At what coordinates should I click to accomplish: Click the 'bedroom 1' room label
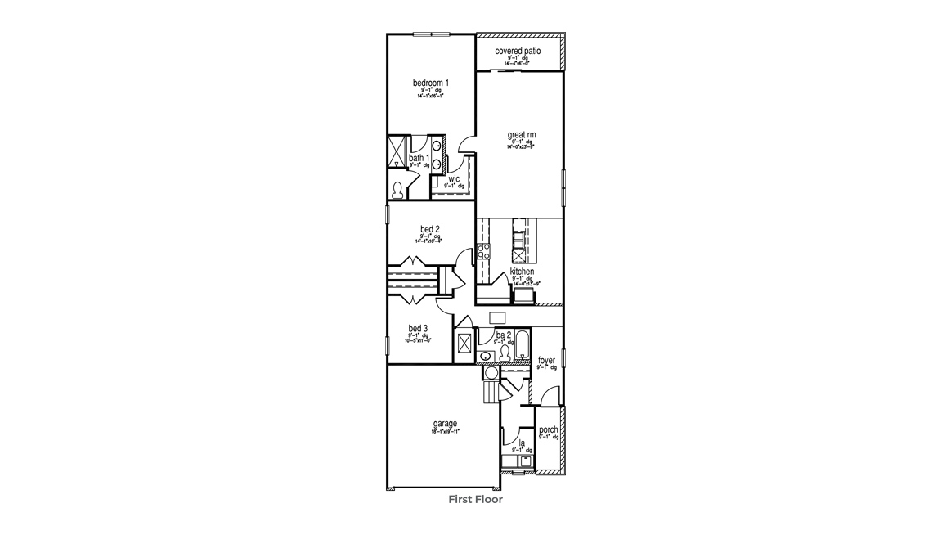coord(430,83)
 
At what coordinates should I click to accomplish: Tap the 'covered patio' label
coord(518,52)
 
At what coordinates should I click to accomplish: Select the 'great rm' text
coord(521,136)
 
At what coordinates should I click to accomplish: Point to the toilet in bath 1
coord(398,191)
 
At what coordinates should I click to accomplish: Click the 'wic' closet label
coord(453,179)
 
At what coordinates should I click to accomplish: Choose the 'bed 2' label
coord(430,229)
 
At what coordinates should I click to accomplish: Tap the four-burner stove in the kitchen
coord(482,251)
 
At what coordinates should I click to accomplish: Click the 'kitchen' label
coord(522,272)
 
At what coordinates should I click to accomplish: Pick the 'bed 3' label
coord(418,329)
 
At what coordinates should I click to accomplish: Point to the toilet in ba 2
coord(505,353)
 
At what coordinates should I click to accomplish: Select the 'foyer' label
coord(546,361)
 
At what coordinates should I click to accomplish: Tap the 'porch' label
coord(548,430)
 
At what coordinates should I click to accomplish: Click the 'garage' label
coord(445,424)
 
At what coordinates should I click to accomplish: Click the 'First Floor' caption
coord(475,498)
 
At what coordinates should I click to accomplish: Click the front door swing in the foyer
coord(551,394)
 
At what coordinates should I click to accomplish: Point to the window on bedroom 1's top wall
coord(430,34)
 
